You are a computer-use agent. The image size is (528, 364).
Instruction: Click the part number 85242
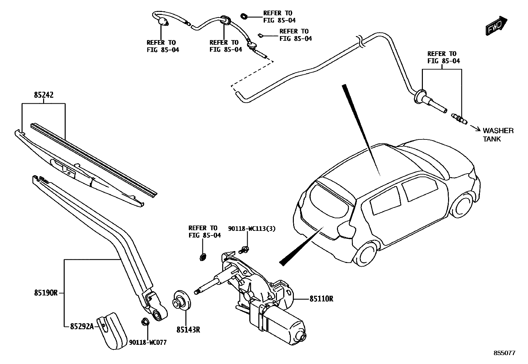[x=43, y=95]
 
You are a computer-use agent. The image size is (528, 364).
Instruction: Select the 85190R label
[x=46, y=293]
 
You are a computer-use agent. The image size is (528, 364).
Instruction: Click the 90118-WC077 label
[x=148, y=343]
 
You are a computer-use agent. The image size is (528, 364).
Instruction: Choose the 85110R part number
[x=321, y=299]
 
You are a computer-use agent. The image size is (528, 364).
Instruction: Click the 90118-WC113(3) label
[x=252, y=229]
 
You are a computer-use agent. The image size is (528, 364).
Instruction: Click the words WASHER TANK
[x=497, y=135]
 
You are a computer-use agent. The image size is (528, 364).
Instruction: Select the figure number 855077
[x=504, y=353]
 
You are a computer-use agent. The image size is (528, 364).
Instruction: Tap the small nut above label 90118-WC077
[x=145, y=321]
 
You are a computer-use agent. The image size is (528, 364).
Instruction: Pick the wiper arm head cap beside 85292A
[x=112, y=330]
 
